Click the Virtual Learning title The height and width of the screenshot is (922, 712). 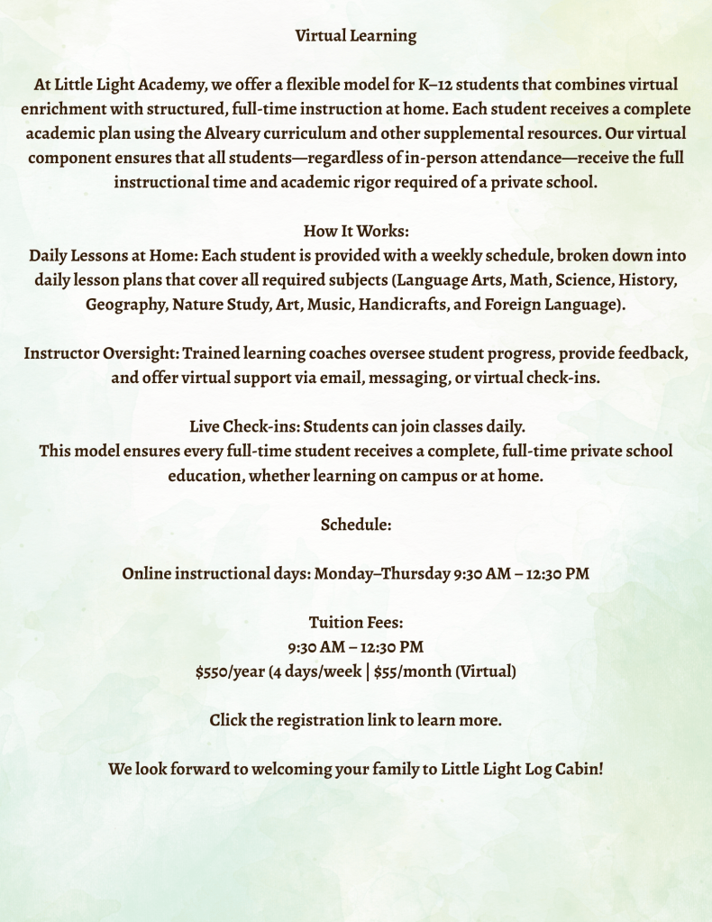pyautogui.click(x=356, y=36)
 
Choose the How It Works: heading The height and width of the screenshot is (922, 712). pyautogui.click(x=356, y=231)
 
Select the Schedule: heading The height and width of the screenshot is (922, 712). pyautogui.click(x=356, y=524)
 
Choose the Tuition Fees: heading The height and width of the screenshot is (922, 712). pyautogui.click(x=356, y=622)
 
